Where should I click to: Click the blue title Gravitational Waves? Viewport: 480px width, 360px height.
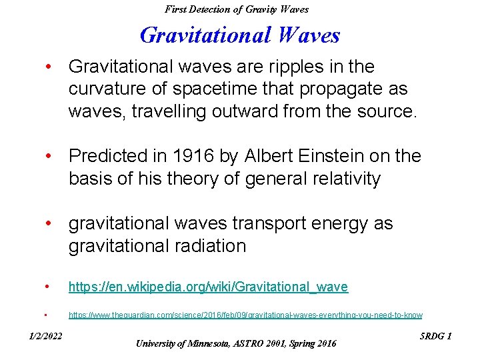pos(240,35)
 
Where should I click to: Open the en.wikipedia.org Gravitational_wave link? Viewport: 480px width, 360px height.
pos(208,287)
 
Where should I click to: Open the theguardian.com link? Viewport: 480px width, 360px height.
pos(245,315)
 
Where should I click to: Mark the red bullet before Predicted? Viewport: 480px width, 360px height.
pos(49,156)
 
